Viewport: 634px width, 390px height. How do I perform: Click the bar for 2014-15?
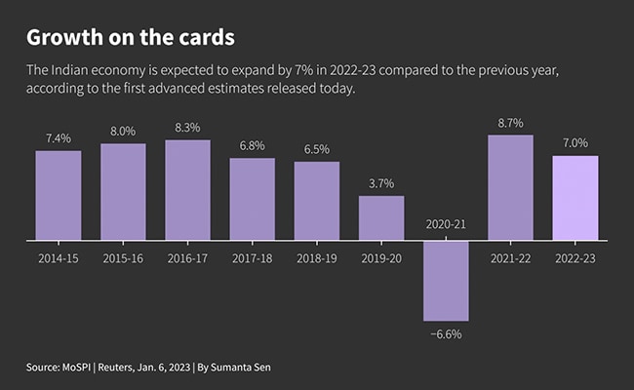[59, 195]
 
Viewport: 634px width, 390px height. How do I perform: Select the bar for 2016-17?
[187, 190]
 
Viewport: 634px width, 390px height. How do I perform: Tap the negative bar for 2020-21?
[446, 281]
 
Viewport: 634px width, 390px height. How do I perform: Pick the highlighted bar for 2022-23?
[575, 198]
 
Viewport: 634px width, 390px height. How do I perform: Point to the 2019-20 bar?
[381, 218]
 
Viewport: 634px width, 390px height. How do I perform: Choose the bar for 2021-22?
[510, 187]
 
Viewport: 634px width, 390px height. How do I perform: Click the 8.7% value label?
[510, 123]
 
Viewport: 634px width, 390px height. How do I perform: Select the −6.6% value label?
[446, 334]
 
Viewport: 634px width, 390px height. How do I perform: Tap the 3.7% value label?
[381, 183]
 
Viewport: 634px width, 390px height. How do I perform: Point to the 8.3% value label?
[187, 128]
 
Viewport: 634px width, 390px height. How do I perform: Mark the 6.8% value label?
[252, 146]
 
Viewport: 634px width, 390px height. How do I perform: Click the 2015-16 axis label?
[123, 258]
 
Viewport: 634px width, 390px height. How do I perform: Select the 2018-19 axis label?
[317, 258]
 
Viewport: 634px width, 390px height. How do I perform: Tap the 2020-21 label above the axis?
[446, 225]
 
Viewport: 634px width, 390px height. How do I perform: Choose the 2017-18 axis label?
[252, 258]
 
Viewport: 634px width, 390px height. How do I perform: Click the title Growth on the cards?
[132, 38]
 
